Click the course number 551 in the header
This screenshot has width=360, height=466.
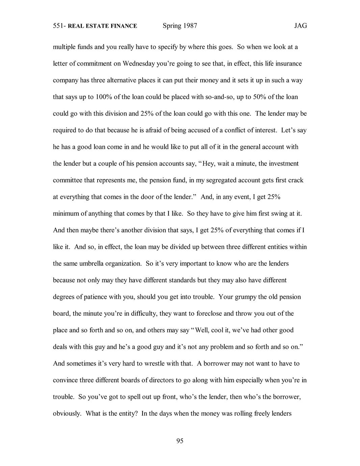pos(58,26)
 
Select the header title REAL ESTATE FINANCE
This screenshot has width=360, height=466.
pos(102,26)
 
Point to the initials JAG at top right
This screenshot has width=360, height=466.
pos(300,26)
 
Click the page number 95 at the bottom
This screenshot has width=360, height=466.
pos(180,441)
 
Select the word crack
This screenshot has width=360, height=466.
pos(295,180)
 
